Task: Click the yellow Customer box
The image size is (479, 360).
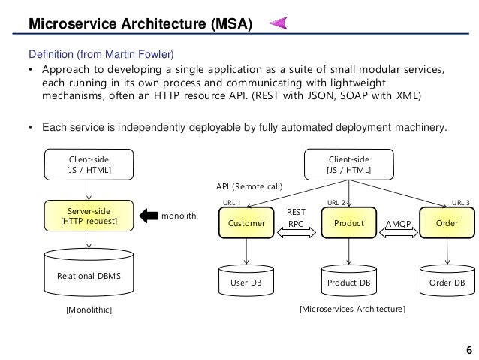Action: [247, 224]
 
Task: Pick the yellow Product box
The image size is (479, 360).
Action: [348, 224]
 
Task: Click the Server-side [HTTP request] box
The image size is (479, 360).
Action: [89, 215]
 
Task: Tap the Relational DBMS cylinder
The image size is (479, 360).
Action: [89, 275]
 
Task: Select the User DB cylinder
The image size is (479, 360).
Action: [247, 282]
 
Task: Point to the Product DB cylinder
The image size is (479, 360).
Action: [348, 282]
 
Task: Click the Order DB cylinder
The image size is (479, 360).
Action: [447, 282]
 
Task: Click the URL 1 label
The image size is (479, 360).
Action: [232, 202]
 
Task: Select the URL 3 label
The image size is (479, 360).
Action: [460, 202]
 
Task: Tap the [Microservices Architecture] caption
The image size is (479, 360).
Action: [352, 309]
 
